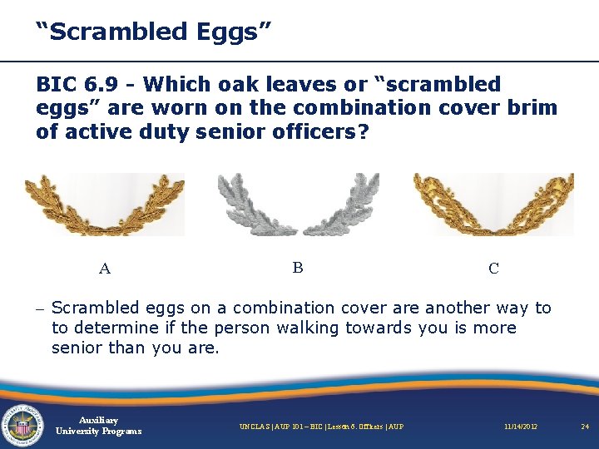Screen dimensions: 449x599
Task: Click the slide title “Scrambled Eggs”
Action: (x=153, y=32)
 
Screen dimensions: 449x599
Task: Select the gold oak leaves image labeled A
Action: (x=104, y=205)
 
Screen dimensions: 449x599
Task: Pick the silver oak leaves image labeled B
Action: (x=297, y=205)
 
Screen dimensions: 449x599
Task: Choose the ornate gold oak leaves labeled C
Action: (x=493, y=205)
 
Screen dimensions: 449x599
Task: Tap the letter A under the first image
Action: (x=105, y=269)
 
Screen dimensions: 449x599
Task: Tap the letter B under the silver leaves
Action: (x=298, y=267)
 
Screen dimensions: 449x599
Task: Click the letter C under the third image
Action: (x=493, y=269)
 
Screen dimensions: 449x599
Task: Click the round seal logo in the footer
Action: (x=23, y=425)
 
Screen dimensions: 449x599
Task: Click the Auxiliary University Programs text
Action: (x=98, y=426)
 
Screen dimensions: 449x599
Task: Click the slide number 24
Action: (x=584, y=427)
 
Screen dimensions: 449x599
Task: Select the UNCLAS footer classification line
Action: (x=321, y=427)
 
